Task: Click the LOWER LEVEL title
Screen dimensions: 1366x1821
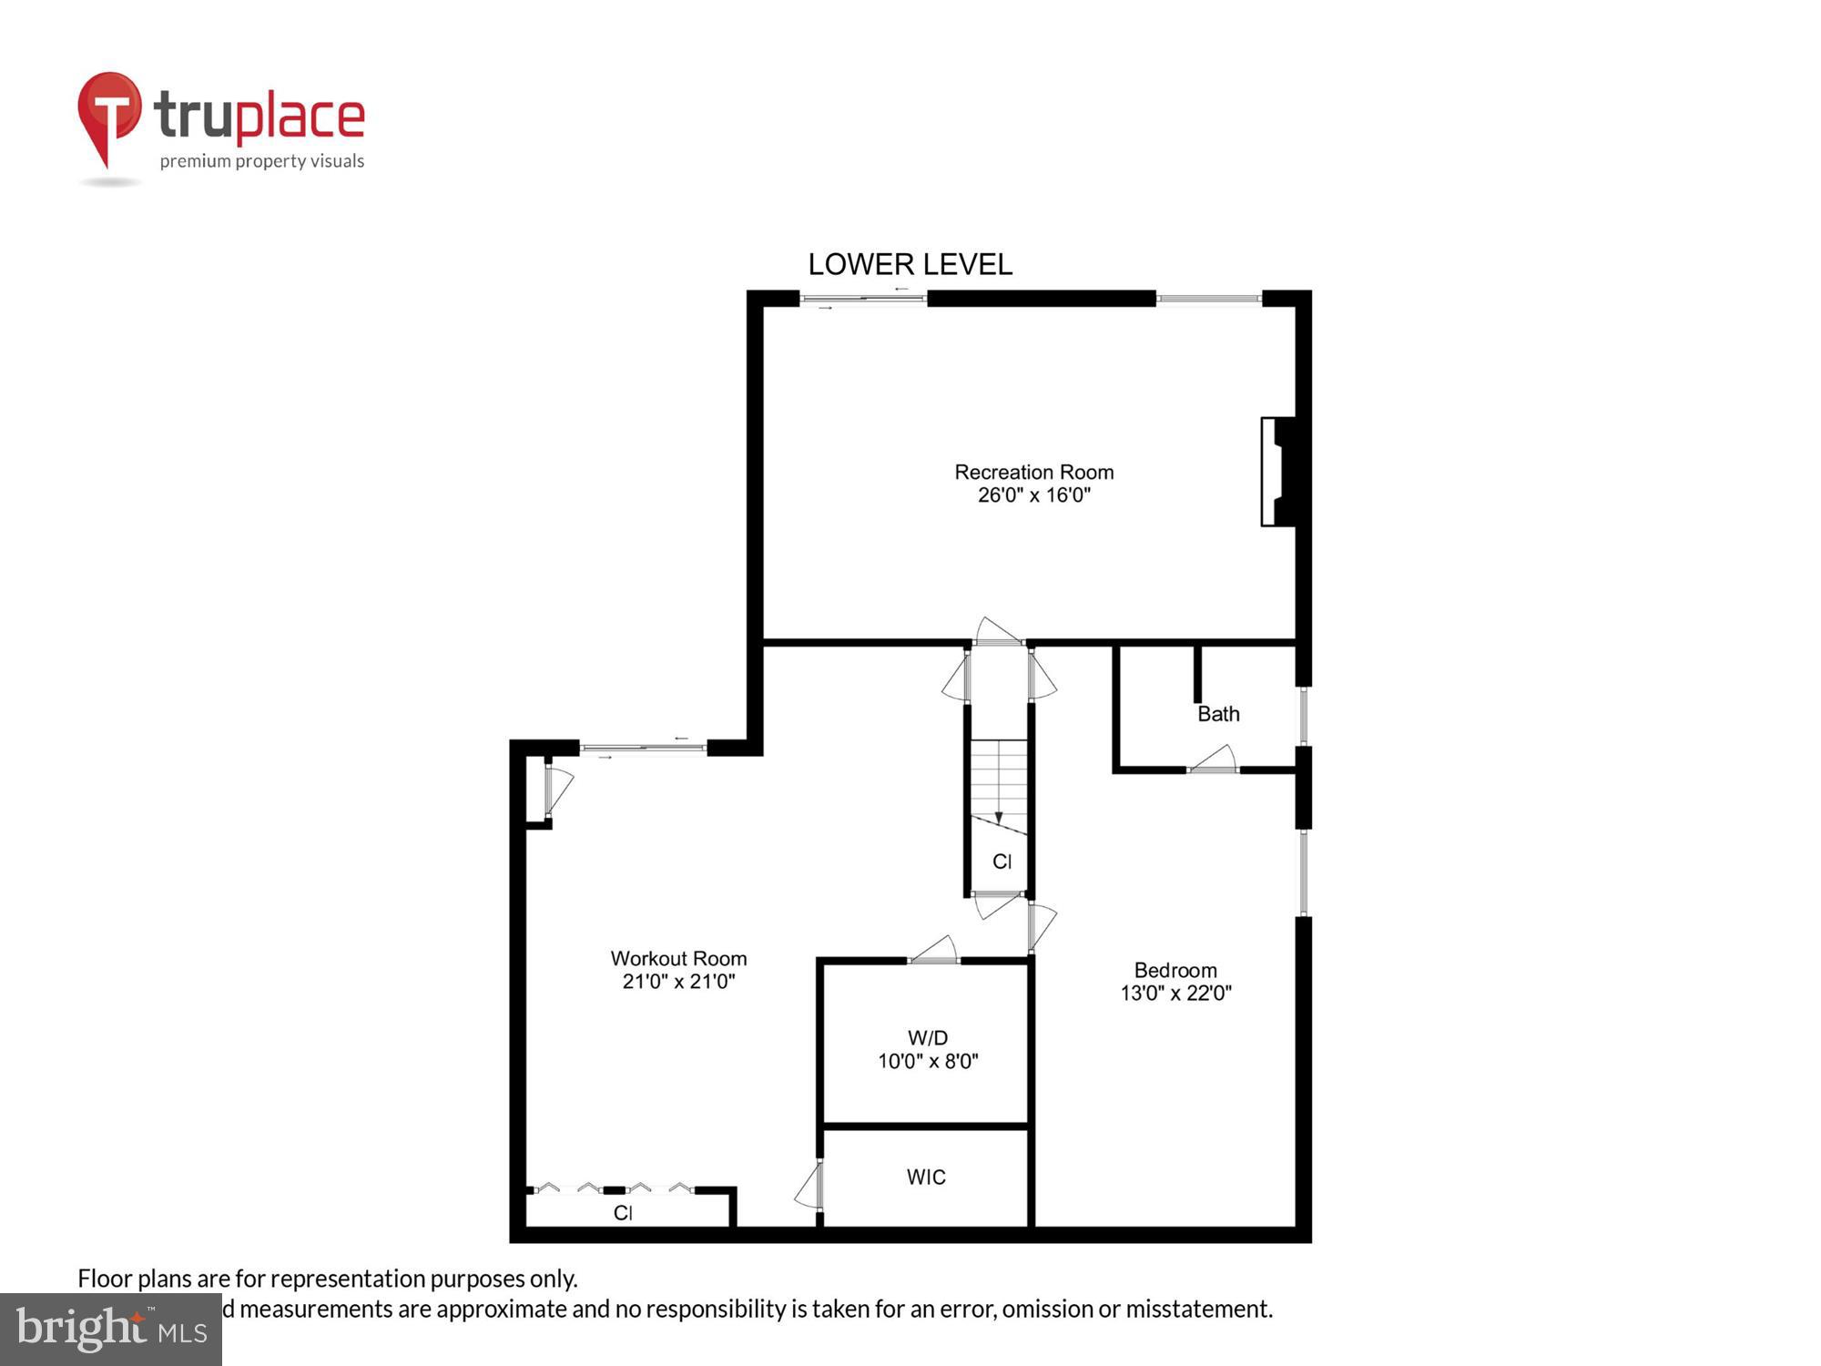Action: tap(910, 264)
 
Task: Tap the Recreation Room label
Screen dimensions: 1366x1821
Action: tap(1033, 472)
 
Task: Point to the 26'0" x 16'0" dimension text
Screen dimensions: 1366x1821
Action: tap(1033, 495)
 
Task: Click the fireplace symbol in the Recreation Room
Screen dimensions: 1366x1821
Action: tap(1278, 471)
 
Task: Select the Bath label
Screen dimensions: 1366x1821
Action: tap(1217, 714)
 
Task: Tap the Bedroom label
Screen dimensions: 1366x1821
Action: tap(1175, 970)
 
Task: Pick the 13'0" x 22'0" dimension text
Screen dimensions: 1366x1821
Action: tap(1175, 994)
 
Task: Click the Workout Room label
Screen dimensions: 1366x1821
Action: tap(678, 958)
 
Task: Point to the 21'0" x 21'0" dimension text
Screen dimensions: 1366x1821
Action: tap(678, 982)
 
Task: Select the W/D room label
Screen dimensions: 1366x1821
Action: tap(927, 1037)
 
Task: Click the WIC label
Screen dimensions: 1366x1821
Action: tap(926, 1177)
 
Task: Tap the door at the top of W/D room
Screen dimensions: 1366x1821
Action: tap(934, 951)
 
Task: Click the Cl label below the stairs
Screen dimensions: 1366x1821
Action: tap(1002, 861)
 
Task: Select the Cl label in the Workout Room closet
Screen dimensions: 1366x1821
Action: tap(623, 1213)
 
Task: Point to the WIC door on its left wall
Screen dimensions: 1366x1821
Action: tap(810, 1186)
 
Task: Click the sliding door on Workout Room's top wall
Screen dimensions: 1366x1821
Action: tap(643, 749)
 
